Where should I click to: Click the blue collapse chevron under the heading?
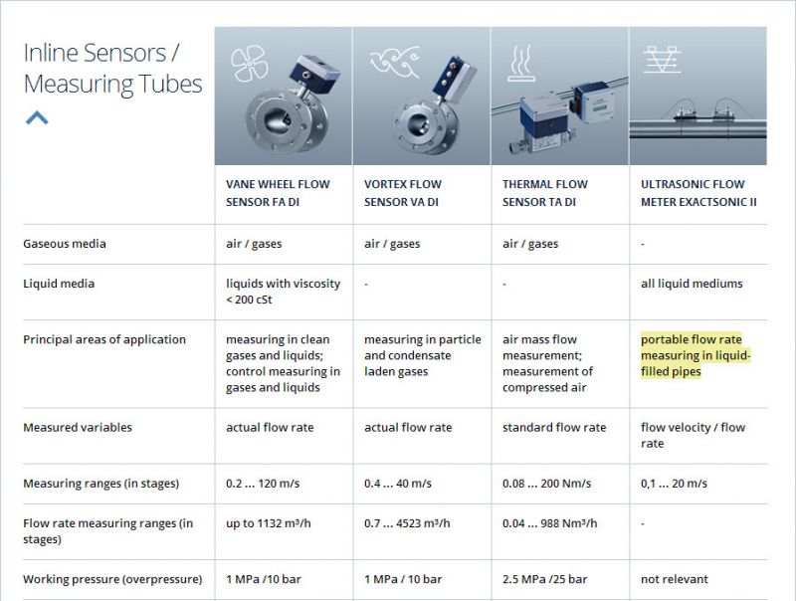point(37,117)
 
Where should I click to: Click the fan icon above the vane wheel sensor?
point(249,63)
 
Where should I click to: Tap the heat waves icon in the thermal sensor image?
point(521,64)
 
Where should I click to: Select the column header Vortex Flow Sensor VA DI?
point(403,193)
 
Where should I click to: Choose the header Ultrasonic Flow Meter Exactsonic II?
point(698,193)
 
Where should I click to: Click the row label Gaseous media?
point(65,244)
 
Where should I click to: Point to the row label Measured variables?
point(78,428)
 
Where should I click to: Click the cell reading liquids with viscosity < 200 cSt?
point(283,292)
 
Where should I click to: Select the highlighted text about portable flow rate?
point(695,355)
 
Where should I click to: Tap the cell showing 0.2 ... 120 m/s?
point(263,484)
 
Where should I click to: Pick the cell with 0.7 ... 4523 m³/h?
point(407,523)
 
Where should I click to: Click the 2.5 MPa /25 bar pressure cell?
point(544,579)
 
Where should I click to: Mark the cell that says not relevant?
point(675,579)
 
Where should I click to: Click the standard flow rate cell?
point(554,428)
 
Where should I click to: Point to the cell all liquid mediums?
point(692,284)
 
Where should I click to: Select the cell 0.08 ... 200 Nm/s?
point(546,484)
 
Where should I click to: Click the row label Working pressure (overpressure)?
point(112,579)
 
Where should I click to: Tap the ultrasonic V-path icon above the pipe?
point(662,60)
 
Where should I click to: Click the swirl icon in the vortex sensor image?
point(395,62)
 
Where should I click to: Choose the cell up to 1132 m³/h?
point(268,523)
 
